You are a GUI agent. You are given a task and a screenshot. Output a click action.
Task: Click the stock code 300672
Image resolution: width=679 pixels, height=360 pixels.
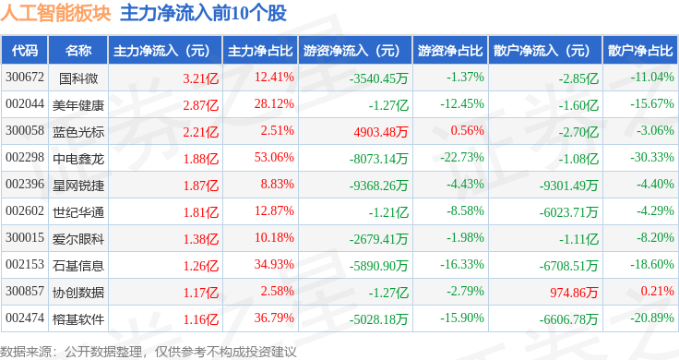point(25,78)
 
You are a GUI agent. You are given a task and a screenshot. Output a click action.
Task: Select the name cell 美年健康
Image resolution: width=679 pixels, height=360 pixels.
point(78,105)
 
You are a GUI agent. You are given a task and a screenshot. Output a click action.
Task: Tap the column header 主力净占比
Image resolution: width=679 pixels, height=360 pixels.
point(260,51)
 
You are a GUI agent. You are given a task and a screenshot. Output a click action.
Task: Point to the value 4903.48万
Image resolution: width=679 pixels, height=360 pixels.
point(381,132)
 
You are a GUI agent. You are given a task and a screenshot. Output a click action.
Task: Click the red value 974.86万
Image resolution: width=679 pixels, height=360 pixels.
point(574,293)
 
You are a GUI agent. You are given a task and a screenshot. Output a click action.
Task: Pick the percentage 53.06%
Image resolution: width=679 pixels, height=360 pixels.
point(274,157)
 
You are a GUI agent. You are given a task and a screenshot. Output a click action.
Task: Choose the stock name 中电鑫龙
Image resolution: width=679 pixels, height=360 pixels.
point(78,159)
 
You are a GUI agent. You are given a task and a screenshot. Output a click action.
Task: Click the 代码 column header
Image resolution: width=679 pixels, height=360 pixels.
point(25,51)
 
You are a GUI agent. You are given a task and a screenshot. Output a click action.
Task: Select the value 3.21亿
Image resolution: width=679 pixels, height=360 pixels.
point(200,78)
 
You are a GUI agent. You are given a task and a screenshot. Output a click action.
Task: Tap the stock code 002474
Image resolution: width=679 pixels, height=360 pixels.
point(25,318)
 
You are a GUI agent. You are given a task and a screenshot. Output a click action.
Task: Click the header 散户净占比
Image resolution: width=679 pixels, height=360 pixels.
point(640,51)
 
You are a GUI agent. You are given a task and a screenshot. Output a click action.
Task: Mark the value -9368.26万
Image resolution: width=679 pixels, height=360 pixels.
point(378,186)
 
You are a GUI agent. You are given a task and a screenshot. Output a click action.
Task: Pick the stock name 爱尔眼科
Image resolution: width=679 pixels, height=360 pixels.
point(78,239)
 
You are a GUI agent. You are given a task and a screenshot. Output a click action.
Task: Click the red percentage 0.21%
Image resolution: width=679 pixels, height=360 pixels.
point(658,291)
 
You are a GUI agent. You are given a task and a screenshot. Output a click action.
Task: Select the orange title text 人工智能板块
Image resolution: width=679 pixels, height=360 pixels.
point(56,13)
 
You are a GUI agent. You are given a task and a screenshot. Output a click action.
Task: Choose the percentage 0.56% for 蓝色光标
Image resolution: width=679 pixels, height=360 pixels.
point(467,130)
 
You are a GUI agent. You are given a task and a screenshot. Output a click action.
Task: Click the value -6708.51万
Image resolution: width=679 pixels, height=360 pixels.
point(568,266)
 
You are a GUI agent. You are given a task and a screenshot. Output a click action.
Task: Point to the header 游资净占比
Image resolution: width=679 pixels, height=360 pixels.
point(450,51)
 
